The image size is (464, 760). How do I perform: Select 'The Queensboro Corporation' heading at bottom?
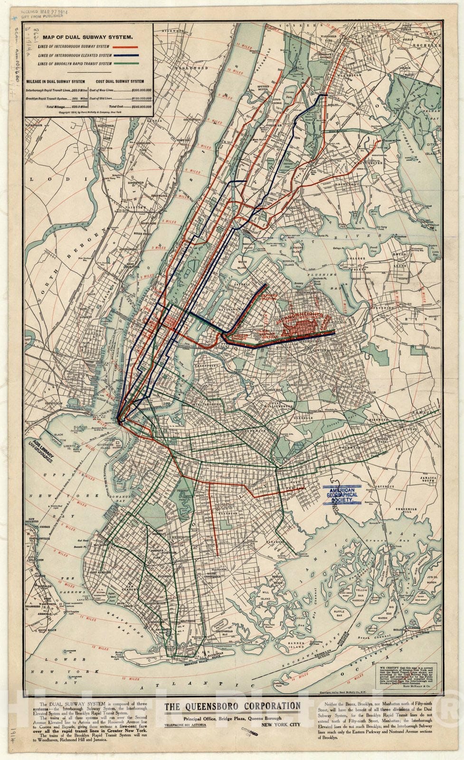[232, 706]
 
